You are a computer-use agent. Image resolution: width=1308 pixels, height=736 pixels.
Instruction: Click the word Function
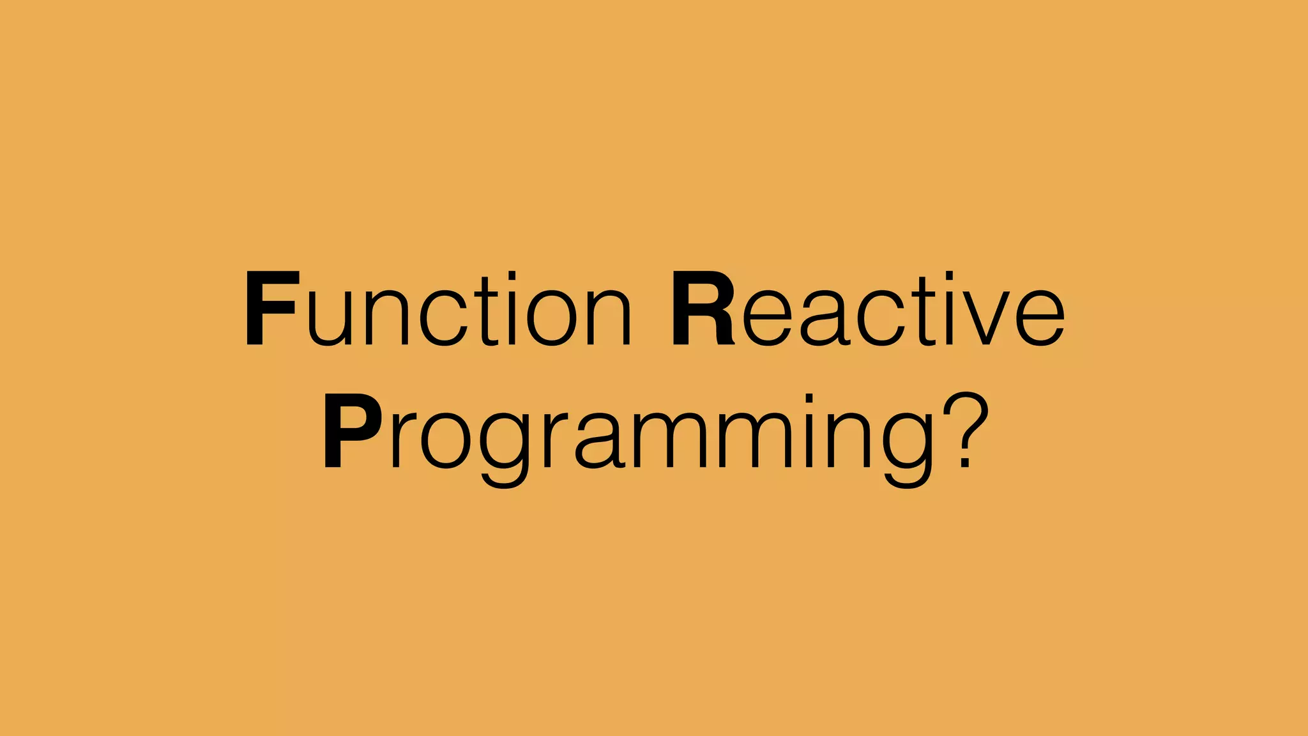pos(438,309)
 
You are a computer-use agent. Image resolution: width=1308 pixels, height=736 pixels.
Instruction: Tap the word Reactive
pos(867,309)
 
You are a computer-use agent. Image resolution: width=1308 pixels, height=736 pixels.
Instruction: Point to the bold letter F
pos(271,309)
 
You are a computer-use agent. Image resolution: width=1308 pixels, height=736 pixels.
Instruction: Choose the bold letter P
pos(351,431)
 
